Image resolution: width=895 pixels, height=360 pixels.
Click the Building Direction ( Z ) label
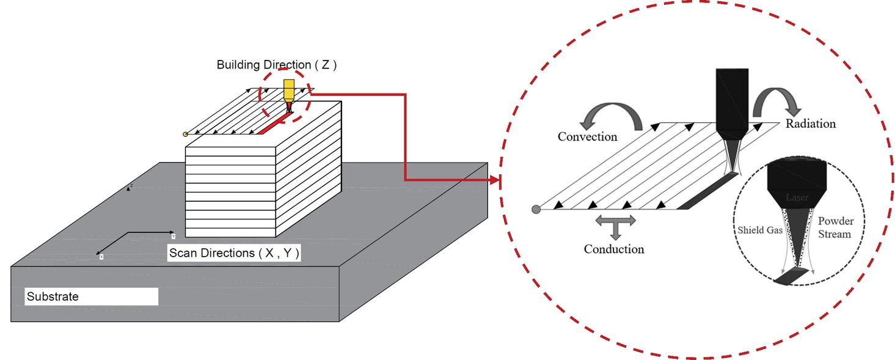[x=277, y=65]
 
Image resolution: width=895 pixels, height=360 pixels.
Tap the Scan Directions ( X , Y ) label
[x=234, y=253]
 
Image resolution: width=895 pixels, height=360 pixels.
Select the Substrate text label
[x=53, y=297]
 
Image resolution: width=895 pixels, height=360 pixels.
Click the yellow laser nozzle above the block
[x=288, y=92]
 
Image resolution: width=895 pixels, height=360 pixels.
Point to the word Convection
[x=588, y=136]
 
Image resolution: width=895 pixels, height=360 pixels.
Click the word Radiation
[x=810, y=124]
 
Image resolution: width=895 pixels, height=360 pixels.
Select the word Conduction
[x=613, y=249]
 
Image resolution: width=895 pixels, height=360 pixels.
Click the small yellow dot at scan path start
[x=185, y=134]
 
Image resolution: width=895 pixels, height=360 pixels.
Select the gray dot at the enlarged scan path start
[x=536, y=210]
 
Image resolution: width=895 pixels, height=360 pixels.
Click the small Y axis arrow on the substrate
[x=172, y=232]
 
